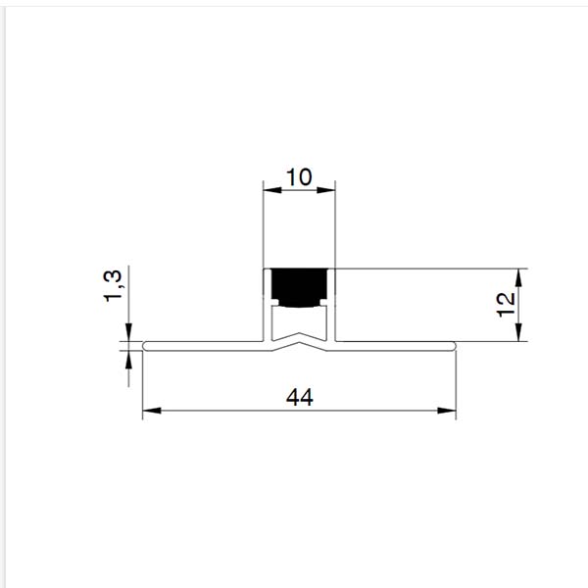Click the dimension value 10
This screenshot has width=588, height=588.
(299, 177)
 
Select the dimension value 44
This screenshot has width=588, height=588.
(299, 398)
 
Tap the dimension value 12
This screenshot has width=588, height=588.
(506, 304)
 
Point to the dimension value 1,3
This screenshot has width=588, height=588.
(113, 286)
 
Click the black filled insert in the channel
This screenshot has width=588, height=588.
(299, 287)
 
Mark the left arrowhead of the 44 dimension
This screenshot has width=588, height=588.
(152, 411)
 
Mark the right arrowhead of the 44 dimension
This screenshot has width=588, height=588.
(447, 411)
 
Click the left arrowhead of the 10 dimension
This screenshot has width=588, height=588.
(272, 190)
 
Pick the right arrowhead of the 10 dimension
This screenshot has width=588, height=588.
(326, 190)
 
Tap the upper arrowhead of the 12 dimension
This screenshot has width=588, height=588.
(518, 278)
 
